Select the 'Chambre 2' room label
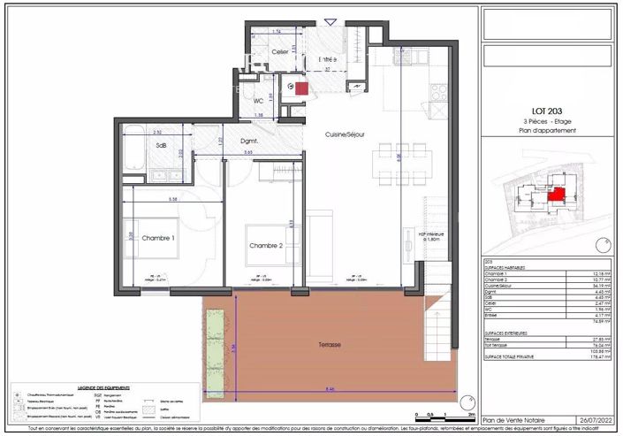pyautogui.click(x=265, y=245)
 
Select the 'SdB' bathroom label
pyautogui.click(x=162, y=144)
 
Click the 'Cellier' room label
pyautogui.click(x=280, y=52)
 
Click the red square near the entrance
pyautogui.click(x=301, y=88)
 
